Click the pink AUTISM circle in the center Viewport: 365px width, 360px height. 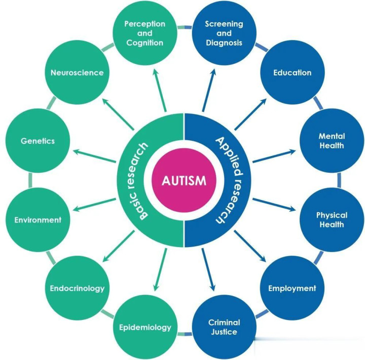point(183,180)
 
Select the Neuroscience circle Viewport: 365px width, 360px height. point(77,72)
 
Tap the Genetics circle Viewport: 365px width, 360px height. point(38,141)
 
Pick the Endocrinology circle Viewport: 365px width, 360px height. point(77,289)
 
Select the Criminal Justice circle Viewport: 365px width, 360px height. point(224,327)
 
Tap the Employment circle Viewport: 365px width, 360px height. point(291,288)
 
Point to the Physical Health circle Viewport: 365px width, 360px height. point(332,220)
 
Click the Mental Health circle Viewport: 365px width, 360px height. point(332,141)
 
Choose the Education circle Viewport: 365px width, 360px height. point(292,72)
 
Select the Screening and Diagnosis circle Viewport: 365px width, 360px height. point(224,33)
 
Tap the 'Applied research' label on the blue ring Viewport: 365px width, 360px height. point(224,180)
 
